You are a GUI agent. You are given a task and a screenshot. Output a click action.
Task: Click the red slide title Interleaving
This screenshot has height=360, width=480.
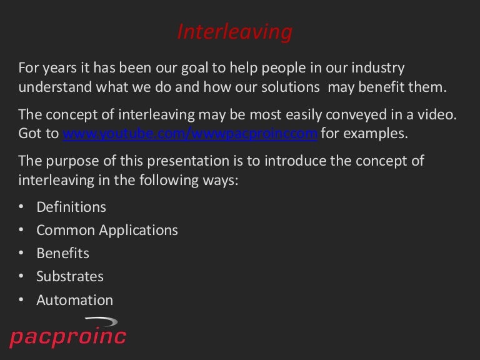click(234, 32)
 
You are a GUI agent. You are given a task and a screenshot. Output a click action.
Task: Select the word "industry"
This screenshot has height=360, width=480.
click(375, 68)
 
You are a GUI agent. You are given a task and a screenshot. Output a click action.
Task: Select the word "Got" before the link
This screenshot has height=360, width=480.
click(31, 134)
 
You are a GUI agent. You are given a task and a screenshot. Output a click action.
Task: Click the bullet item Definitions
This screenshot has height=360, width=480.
click(71, 207)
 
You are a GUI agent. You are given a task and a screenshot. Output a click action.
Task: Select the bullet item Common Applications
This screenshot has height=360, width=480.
click(107, 230)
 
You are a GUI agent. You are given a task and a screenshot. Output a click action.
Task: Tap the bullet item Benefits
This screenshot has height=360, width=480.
click(62, 253)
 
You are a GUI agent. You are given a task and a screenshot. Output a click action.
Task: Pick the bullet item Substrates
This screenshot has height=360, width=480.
click(70, 276)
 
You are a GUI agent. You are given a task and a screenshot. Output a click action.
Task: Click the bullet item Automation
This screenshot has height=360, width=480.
click(75, 300)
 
